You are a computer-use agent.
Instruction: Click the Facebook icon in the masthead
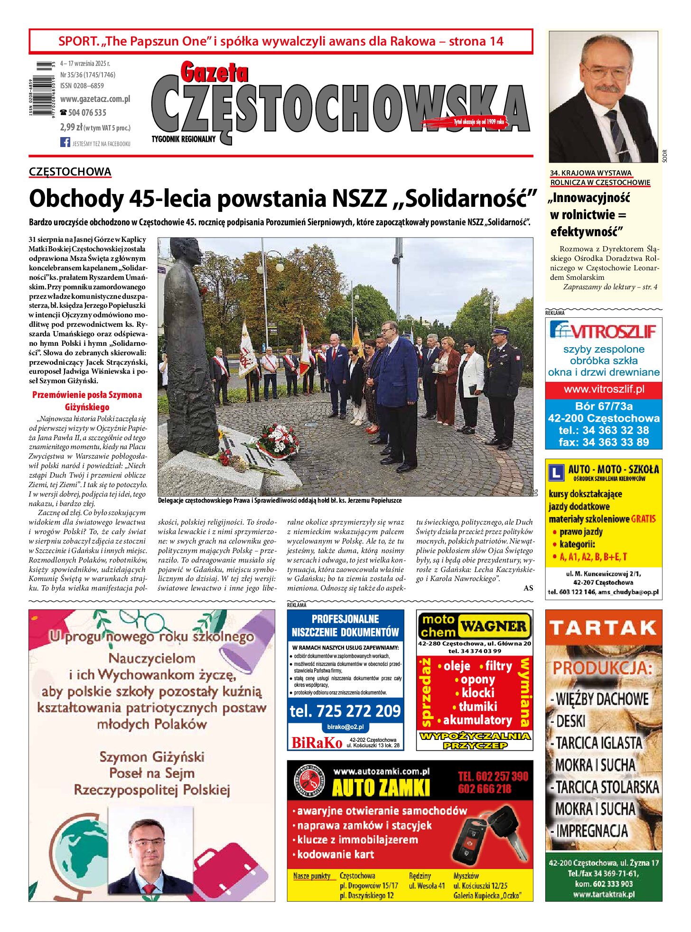point(65,142)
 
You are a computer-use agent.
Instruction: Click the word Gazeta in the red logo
point(214,73)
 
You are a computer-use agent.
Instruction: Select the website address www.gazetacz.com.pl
point(95,99)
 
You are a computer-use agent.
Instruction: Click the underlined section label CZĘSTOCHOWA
point(70,172)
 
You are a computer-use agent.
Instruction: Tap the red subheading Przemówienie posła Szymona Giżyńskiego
point(87,401)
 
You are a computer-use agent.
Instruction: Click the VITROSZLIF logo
point(603,330)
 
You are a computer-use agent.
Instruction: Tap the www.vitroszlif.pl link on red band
point(604,389)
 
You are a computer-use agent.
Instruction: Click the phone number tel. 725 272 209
point(345,711)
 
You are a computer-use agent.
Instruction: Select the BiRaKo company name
point(317,743)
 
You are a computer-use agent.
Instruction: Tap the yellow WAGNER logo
point(494,626)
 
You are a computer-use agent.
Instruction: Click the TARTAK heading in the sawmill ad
point(603,628)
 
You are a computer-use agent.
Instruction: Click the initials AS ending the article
point(528,588)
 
